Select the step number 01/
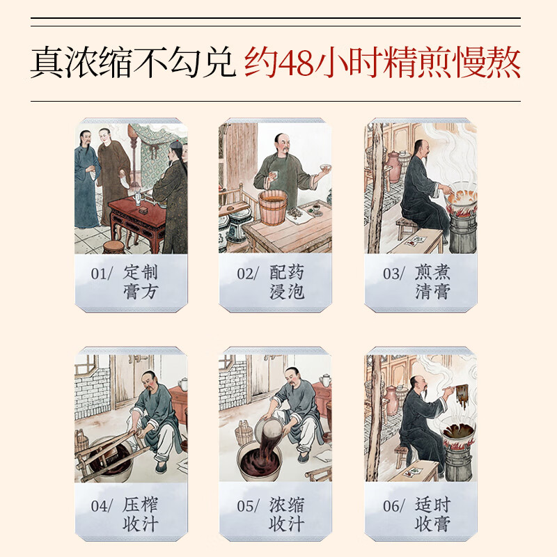point(101,274)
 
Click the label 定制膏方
point(141,281)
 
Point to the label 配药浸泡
point(287,281)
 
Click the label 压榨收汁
point(141,514)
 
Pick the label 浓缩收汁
point(287,514)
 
